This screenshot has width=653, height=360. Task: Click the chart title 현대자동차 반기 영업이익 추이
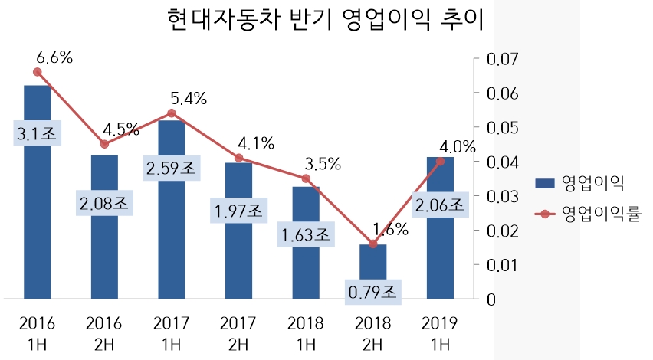pos(325,20)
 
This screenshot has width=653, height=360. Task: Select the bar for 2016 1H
pos(37,230)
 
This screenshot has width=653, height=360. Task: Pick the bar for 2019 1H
pos(440,253)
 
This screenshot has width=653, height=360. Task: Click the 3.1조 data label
pos(37,133)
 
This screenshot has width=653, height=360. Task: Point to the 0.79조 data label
pos(373,291)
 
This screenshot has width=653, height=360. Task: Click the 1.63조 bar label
pos(306,234)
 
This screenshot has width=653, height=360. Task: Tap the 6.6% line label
pos(54,57)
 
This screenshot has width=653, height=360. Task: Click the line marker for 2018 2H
pos(373,244)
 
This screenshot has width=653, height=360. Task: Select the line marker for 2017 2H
pos(238,158)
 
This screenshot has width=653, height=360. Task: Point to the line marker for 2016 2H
pos(104,144)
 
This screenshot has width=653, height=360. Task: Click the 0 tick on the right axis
pos(491,299)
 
